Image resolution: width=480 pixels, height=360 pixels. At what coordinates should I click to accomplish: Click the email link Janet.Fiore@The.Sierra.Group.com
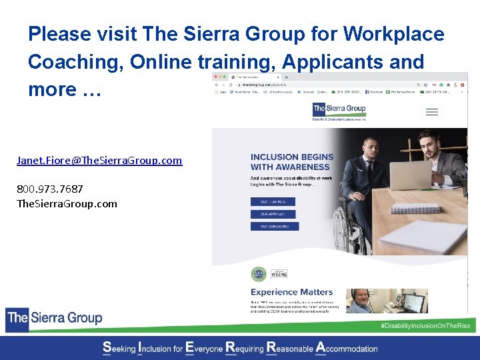click(x=99, y=161)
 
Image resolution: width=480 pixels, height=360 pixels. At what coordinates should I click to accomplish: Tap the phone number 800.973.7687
click(x=50, y=190)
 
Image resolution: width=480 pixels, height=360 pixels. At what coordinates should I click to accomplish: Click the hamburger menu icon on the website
click(x=431, y=112)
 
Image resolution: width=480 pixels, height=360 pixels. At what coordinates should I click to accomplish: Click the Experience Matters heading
click(x=291, y=292)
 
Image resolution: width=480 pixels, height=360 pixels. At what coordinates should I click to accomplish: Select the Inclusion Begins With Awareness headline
click(x=291, y=162)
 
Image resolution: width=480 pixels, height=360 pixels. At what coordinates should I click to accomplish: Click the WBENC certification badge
click(x=278, y=274)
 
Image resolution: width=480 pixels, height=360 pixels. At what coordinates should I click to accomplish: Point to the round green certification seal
click(x=258, y=274)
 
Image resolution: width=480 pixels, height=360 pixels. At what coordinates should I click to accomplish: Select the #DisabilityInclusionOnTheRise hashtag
click(x=424, y=325)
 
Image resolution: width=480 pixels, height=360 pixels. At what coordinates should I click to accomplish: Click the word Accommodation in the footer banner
click(x=347, y=348)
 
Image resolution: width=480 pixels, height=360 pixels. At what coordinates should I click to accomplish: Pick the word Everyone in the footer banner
click(x=204, y=348)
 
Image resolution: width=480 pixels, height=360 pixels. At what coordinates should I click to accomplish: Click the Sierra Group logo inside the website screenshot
click(x=339, y=110)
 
